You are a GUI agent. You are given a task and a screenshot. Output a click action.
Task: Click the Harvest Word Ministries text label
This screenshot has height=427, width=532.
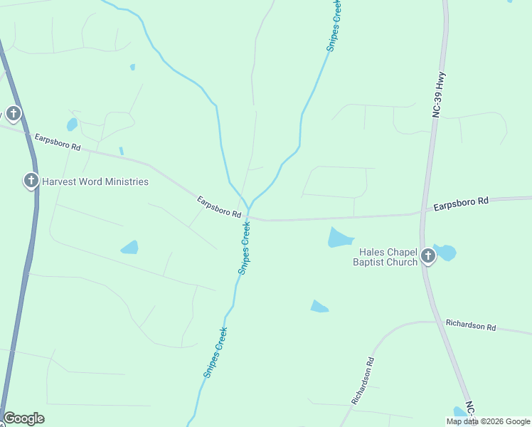95,181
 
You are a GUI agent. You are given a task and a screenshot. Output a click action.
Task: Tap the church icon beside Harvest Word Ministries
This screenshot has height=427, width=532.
31,181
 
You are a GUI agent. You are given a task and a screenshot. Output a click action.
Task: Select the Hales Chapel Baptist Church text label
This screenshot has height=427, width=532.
385,257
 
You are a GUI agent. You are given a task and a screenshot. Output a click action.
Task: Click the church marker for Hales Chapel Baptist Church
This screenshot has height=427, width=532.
427,256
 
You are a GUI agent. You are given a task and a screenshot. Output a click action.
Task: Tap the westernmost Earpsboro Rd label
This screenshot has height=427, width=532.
58,142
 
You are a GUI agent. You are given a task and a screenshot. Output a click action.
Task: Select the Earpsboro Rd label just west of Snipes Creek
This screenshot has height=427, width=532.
220,207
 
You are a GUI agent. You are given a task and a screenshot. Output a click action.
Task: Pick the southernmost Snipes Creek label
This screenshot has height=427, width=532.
215,352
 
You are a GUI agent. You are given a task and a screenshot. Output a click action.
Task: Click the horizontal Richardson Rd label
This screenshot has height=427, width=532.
471,325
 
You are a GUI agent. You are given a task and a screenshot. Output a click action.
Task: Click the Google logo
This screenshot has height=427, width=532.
24,418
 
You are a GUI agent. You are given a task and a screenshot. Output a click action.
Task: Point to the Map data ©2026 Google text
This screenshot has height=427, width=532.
487,421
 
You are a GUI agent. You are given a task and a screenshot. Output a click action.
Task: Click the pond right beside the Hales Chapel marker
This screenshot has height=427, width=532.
445,252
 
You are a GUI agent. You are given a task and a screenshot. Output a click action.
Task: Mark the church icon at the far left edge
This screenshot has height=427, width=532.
13,113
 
